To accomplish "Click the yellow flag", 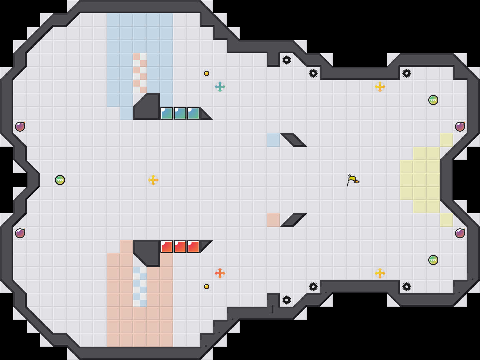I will point(353,180).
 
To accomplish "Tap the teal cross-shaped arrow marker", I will point(220,87).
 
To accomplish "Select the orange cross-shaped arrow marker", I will point(220,273).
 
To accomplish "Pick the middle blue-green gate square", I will point(180,113).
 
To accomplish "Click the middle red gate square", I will point(180,247).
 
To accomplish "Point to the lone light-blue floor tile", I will point(273,140).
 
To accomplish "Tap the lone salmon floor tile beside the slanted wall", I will point(273,220).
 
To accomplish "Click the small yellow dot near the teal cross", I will point(207,73).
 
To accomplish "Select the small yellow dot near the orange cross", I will point(207,287).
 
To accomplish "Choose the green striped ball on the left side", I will point(60,180).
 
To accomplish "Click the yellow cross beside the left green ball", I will point(153,180).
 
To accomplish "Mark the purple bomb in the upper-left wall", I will point(20,127).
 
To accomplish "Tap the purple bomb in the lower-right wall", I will point(460,233).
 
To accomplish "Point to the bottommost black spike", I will point(287,300).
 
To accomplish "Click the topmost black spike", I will point(287,60).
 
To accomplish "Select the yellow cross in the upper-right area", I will point(380,87).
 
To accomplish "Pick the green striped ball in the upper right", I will point(433,100).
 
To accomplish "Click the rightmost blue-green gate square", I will point(193,113).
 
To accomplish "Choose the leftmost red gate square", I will point(167,247).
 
